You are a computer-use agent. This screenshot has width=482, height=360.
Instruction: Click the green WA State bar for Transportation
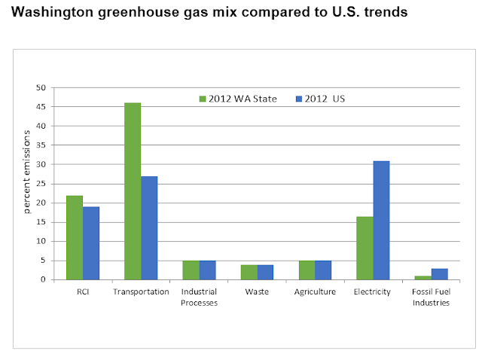133,191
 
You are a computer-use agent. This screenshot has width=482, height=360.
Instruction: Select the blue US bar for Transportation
149,227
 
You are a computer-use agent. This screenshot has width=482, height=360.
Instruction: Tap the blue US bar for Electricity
381,220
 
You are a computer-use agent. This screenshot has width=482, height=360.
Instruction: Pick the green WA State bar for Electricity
365,248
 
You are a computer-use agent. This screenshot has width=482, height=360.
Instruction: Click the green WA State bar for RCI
75,237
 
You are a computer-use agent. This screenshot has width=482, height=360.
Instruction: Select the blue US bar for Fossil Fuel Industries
439,273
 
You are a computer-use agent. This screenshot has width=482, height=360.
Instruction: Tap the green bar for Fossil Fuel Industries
423,277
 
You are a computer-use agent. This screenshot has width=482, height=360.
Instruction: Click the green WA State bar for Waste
249,272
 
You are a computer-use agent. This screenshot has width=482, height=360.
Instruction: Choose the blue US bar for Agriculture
323,270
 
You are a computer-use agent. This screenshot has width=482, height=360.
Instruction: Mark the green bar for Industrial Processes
191,270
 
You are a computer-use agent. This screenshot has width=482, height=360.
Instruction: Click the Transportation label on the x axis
141,291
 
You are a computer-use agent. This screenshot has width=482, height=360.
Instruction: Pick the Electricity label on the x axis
373,291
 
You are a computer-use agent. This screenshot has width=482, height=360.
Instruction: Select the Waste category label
257,291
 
